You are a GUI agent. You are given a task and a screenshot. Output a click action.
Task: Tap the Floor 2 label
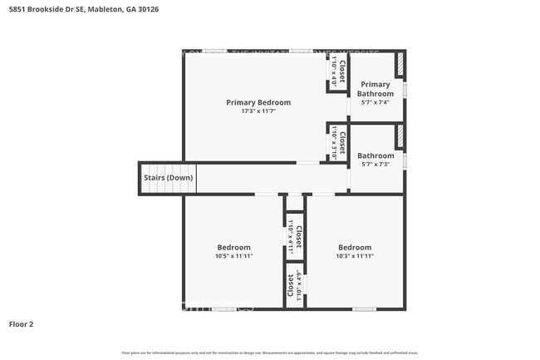pos(22,323)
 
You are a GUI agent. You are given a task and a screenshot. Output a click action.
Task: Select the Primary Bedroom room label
pos(258,102)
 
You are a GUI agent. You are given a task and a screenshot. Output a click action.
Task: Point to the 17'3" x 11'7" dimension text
pos(258,111)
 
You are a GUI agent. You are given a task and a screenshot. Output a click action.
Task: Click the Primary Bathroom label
pos(376,89)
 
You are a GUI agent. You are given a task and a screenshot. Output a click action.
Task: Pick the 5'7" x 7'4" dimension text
pos(376,102)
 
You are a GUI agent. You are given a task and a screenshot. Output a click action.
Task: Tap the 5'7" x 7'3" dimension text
pos(376,164)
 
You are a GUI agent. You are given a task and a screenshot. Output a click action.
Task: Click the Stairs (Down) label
pos(169,178)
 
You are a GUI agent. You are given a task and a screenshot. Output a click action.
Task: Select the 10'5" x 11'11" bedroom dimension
pos(234,256)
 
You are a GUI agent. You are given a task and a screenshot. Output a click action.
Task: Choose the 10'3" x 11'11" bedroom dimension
pos(355,256)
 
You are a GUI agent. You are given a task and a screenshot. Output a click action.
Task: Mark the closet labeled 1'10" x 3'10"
pos(336,142)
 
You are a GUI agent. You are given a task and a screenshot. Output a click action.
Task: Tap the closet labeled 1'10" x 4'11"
pos(295,235)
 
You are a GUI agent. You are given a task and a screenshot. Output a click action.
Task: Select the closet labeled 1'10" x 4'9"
pos(295,285)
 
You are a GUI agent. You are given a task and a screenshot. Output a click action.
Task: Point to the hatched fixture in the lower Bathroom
pos(399,136)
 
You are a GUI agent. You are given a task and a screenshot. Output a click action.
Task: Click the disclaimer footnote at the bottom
pos(270,353)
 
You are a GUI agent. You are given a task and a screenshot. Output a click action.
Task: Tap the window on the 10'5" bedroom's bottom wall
pos(224,309)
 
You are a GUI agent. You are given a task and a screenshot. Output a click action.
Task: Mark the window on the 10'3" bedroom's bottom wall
pos(364,309)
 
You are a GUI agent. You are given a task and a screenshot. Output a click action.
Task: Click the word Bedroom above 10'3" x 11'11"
pos(355,247)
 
